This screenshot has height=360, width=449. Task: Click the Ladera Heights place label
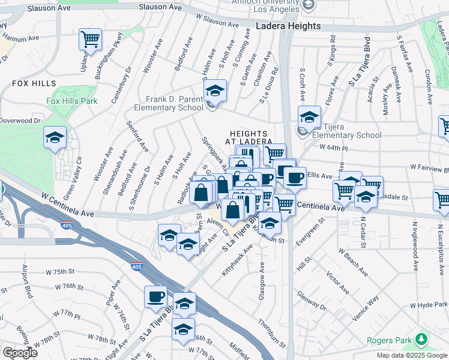click(288, 26)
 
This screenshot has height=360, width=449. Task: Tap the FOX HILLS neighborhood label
click(34, 84)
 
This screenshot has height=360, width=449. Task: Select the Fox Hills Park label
click(71, 101)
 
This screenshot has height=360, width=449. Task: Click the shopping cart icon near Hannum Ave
click(90, 40)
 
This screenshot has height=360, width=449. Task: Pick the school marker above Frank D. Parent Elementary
click(215, 91)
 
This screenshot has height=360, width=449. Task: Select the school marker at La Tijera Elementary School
click(309, 116)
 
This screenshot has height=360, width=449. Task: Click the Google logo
click(21, 353)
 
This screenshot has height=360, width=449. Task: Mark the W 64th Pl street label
click(334, 147)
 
